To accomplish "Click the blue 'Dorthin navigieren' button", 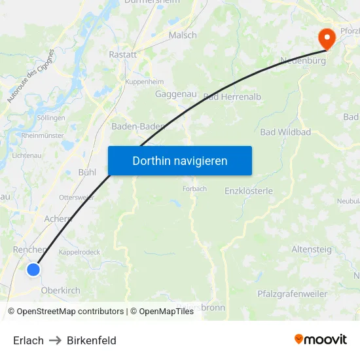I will pos(179,160).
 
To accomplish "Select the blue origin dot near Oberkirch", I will pos(33,269).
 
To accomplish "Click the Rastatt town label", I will pos(122,54).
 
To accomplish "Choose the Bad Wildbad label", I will pos(285,132).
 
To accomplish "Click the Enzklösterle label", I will pos(248,190).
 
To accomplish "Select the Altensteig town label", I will pos(312,249).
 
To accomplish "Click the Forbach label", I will pos(194,189).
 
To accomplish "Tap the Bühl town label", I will pos(87,172).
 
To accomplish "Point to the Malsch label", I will pos(183,35).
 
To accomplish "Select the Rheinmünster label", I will pos(43,135).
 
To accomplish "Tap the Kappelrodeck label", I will pos(79,251).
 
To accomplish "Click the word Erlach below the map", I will pos(28,340).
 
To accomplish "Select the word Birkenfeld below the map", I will pos(92,340).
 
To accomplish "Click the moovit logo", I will pos(321,339).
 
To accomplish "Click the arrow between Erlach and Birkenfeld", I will pos(55,340).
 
